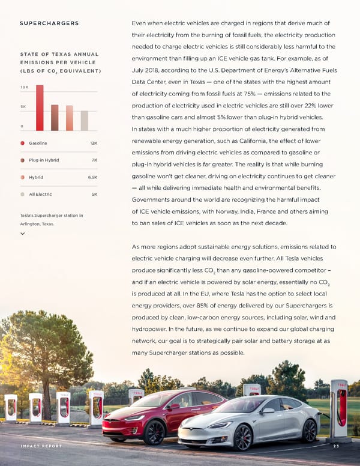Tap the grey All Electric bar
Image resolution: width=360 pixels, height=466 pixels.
85,121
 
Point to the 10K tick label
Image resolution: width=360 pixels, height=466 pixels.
23,88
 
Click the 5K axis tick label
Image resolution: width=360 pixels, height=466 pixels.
22,106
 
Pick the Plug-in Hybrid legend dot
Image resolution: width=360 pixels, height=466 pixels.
23,160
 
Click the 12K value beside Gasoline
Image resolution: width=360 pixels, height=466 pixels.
94,143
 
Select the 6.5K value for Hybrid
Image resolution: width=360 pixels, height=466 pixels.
92,178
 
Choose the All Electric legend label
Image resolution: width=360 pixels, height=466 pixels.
40,195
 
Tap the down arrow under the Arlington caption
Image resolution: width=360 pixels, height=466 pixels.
22,234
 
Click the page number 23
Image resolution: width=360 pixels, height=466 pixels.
336,446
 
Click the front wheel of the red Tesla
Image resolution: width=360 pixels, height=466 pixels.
154,431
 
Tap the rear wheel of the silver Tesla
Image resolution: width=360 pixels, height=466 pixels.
309,430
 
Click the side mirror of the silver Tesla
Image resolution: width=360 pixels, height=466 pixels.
268,411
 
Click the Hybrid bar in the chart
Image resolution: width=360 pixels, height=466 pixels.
70,118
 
